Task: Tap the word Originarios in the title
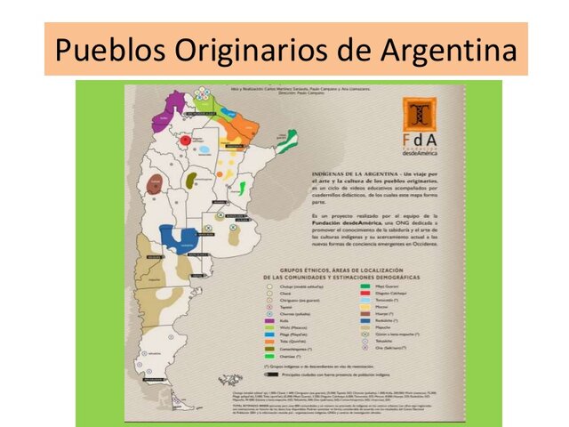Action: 226,50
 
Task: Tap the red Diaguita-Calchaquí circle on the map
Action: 185,140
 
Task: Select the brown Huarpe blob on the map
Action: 155,185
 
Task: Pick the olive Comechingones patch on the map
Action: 190,180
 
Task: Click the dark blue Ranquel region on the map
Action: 179,238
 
